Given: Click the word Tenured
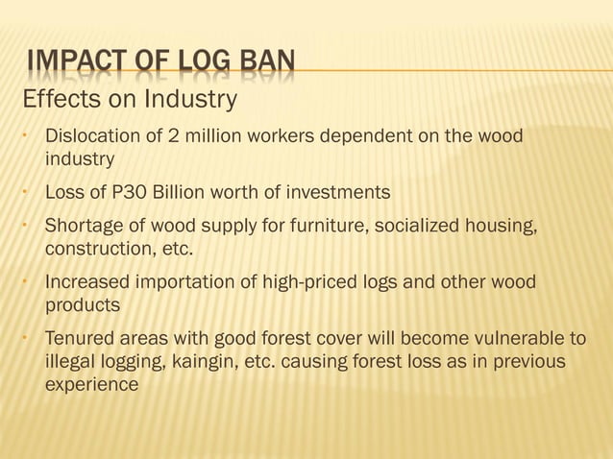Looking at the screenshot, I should [80, 340].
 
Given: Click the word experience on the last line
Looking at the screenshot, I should [92, 385].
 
